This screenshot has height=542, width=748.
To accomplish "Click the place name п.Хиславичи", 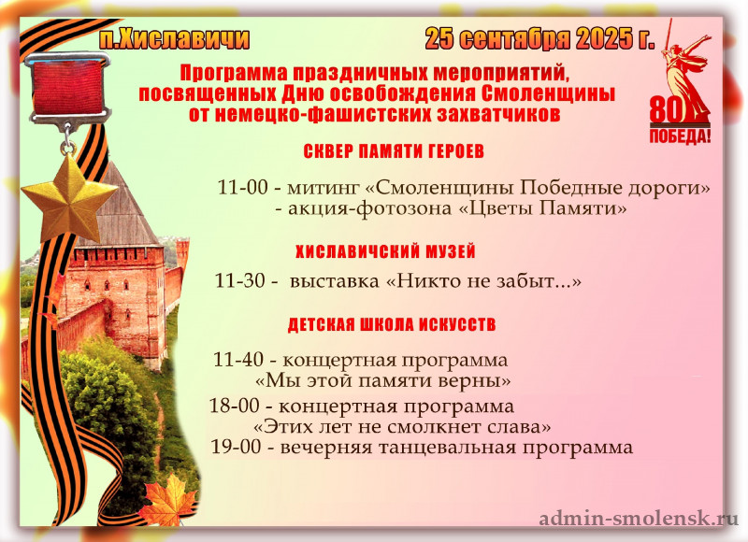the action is pos(175,39).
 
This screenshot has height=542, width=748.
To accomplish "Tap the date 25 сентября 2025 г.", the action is pos(539,39).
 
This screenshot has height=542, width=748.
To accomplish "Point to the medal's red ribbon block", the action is pos(68,88).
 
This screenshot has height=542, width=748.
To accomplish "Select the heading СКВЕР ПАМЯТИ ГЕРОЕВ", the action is pos(394,151).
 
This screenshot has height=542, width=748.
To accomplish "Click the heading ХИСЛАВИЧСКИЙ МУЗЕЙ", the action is pos(385,251).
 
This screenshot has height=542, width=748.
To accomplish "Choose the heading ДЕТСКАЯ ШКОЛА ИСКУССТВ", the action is pos(392,324).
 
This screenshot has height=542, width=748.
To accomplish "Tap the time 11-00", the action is pos(243,187).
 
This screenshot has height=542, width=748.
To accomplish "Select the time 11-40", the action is pos(238,360).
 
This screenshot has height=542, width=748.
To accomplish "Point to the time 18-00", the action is pos(235,406).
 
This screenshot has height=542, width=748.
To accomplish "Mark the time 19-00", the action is pos(237,447).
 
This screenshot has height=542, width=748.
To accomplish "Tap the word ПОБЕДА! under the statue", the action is pos(681,136).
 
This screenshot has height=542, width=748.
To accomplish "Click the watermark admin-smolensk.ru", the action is pos(639,518).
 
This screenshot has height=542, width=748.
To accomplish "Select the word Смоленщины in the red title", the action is pos(548,93).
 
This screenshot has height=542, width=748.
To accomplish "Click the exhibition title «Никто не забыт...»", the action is pos(483,281).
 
